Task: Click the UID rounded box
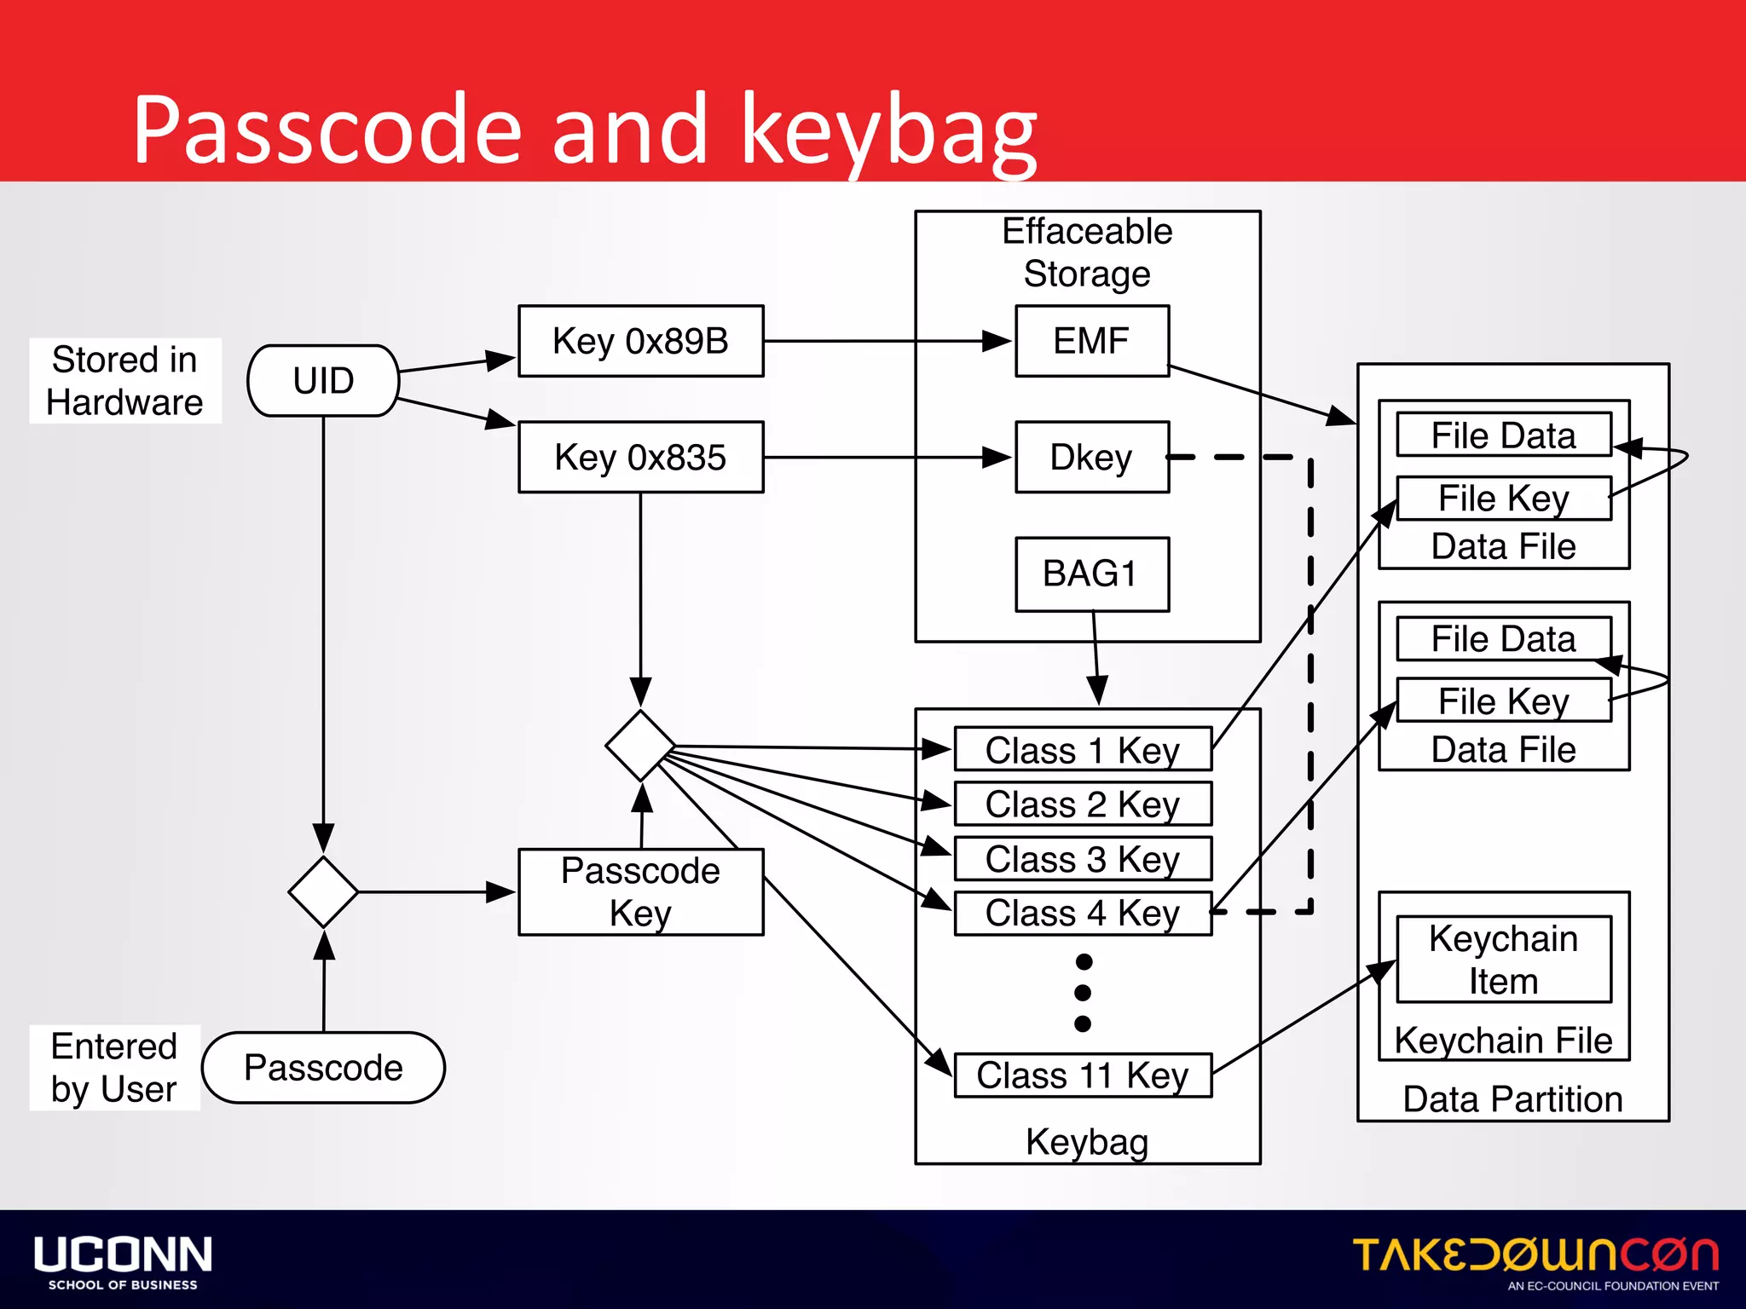[323, 380]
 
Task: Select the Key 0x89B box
[640, 341]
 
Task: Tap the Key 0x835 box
[640, 457]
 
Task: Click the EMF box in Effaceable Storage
[1091, 341]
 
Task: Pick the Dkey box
[1091, 457]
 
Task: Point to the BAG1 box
[1091, 574]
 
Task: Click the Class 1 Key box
[1082, 750]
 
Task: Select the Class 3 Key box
[1082, 858]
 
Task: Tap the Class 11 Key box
[1082, 1075]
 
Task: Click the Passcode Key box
[640, 891]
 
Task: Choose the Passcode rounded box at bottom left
[323, 1068]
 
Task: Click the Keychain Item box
[1503, 960]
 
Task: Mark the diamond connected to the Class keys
[640, 746]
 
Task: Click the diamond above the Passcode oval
[323, 891]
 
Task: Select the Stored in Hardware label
[124, 381]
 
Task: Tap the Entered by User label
[114, 1068]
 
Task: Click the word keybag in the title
[889, 130]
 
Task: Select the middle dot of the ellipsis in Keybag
[1083, 993]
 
